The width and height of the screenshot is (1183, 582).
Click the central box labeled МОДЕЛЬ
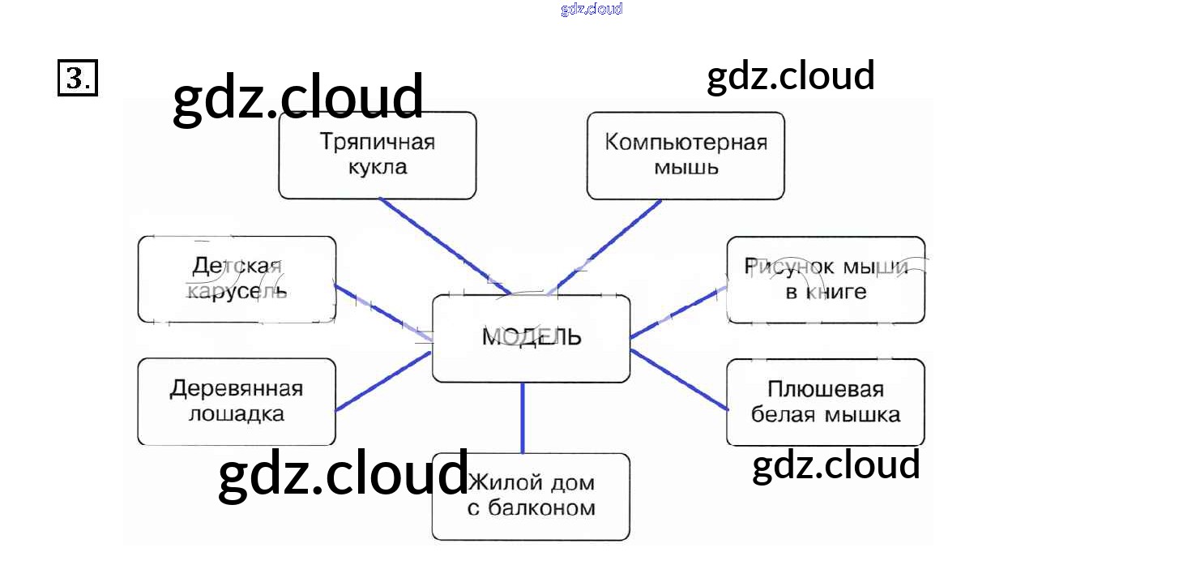(531, 338)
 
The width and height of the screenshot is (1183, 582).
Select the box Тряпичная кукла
(377, 155)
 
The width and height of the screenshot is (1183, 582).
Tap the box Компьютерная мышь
(685, 155)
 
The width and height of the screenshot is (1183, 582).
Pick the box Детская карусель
(237, 280)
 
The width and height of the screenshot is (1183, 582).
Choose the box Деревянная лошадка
(237, 401)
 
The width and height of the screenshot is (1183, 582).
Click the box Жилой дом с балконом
(531, 496)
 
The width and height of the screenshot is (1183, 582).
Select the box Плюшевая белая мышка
(825, 402)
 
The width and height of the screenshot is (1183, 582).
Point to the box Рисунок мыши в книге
(825, 280)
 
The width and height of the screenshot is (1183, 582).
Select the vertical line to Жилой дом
(523, 417)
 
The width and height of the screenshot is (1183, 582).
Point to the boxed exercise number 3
(78, 79)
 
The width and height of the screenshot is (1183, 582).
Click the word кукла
(377, 169)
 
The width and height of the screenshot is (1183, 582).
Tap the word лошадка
(237, 414)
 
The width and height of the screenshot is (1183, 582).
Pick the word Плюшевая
(825, 389)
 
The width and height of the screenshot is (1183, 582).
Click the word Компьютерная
(685, 143)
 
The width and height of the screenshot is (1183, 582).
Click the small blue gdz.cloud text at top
(591, 9)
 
